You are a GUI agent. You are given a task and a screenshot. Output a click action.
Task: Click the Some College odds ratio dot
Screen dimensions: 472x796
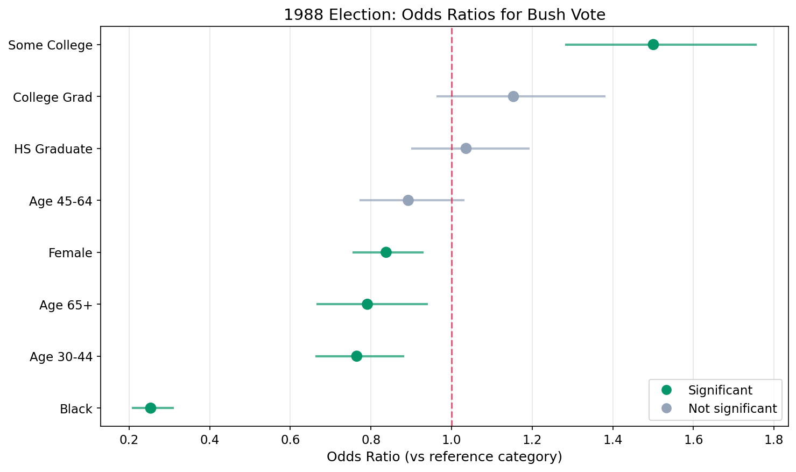tap(653, 45)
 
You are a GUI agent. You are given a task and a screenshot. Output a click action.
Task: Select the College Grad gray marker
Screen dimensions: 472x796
tap(513, 96)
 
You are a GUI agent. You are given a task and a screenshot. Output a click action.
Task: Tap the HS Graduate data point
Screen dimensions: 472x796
tap(466, 149)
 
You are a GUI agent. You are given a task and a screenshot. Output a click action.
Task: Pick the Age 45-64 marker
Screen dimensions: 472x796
tap(408, 200)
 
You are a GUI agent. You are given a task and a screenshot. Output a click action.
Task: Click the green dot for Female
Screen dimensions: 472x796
tap(386, 252)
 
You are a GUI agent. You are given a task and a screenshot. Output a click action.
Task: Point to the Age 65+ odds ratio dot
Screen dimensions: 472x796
tap(367, 304)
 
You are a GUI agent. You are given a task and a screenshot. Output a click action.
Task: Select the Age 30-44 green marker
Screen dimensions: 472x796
tap(356, 356)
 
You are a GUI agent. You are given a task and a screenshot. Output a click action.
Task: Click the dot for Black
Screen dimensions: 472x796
tap(151, 408)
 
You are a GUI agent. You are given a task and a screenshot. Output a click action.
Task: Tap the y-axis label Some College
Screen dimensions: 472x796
tap(51, 45)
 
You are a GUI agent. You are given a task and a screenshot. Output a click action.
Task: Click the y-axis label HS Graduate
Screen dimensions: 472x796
tap(53, 149)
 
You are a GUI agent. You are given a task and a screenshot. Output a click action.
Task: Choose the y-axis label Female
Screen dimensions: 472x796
tap(71, 253)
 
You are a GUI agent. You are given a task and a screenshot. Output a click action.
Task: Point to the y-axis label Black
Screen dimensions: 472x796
tap(76, 409)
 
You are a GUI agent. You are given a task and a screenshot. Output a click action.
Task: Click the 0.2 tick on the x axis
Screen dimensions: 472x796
tap(129, 440)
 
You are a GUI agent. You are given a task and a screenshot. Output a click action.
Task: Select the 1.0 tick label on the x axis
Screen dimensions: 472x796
tap(452, 440)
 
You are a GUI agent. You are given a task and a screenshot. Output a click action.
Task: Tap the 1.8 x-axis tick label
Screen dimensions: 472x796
tap(774, 440)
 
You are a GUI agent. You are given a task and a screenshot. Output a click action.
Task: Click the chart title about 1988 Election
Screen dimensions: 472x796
tap(445, 15)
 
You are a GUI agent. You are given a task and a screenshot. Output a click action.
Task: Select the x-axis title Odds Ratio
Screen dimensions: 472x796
tap(445, 457)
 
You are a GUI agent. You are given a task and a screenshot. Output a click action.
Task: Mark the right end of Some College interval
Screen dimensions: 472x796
tap(756, 45)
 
